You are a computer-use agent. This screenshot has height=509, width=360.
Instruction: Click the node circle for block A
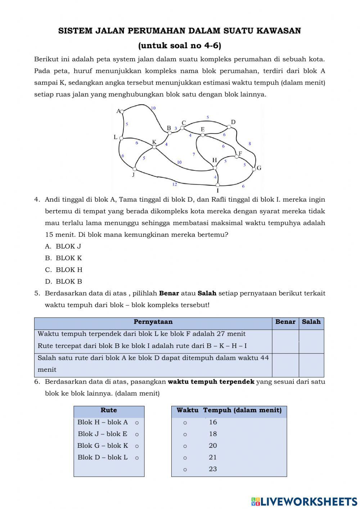pyautogui.click(x=122, y=112)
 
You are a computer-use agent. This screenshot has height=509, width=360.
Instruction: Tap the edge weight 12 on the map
pyautogui.click(x=175, y=184)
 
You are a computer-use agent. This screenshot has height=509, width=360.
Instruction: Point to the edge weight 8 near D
pyautogui.click(x=250, y=144)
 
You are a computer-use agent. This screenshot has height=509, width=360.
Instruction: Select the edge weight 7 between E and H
pyautogui.click(x=194, y=155)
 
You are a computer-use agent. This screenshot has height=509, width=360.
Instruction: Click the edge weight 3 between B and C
pyautogui.click(x=176, y=128)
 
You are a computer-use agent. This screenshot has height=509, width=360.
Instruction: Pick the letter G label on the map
pyautogui.click(x=259, y=168)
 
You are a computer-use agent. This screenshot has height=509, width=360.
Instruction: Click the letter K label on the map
pyautogui.click(x=154, y=142)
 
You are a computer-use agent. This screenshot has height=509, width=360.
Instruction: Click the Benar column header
pyautogui.click(x=285, y=322)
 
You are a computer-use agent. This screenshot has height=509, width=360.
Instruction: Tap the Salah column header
pyautogui.click(x=311, y=322)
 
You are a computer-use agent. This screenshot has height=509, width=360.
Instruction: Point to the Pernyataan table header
pyautogui.click(x=153, y=322)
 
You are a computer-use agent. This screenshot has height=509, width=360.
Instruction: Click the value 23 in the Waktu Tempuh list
pyautogui.click(x=213, y=469)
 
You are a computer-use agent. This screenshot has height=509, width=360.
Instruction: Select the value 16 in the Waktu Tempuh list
pyautogui.click(x=213, y=422)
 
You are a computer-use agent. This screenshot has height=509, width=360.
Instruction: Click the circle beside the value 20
pyautogui.click(x=185, y=446)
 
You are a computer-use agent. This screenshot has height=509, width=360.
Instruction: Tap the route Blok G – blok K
pyautogui.click(x=103, y=446)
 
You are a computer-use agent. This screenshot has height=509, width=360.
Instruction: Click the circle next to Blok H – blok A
pyautogui.click(x=137, y=423)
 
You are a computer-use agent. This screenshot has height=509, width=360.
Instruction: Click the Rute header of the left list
pyautogui.click(x=109, y=410)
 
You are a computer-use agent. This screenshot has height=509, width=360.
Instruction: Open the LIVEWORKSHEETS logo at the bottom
pyautogui.click(x=304, y=501)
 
